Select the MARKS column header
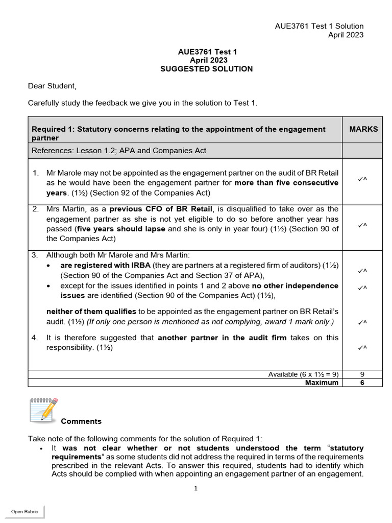click(x=363, y=129)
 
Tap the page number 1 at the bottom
click(x=195, y=488)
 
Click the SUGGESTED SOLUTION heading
click(x=206, y=69)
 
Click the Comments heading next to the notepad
click(x=81, y=421)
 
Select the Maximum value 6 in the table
click(x=362, y=383)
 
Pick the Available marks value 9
click(x=362, y=374)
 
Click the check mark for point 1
click(x=362, y=178)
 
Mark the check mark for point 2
click(x=362, y=224)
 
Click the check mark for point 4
click(x=362, y=348)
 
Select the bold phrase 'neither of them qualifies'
click(x=91, y=312)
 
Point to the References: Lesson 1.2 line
click(x=119, y=150)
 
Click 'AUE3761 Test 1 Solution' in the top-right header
click(x=319, y=26)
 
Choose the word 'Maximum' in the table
click(x=322, y=383)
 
